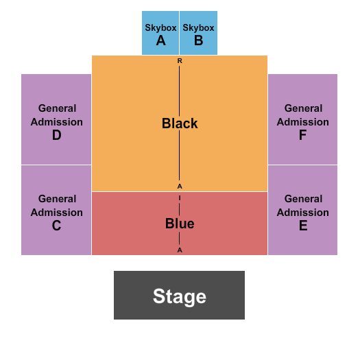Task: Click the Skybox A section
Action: point(160,33)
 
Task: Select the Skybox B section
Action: point(198,33)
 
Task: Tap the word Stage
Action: point(179,296)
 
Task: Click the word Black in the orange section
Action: point(180,123)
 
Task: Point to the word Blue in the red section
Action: point(180,224)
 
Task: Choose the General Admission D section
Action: point(56,119)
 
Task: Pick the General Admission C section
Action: point(56,210)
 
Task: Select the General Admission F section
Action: point(302,119)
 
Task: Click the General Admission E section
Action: point(302,210)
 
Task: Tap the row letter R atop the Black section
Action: point(180,61)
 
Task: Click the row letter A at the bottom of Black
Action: point(180,187)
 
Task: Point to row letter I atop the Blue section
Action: point(180,197)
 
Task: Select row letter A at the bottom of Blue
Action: point(180,250)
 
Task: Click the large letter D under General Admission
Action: point(57,135)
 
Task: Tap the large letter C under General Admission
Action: point(57,226)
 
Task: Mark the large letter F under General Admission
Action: point(302,135)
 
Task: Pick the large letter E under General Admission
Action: point(302,226)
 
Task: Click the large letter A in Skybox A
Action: point(160,40)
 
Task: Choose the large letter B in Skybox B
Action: point(198,40)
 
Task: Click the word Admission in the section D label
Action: point(57,122)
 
